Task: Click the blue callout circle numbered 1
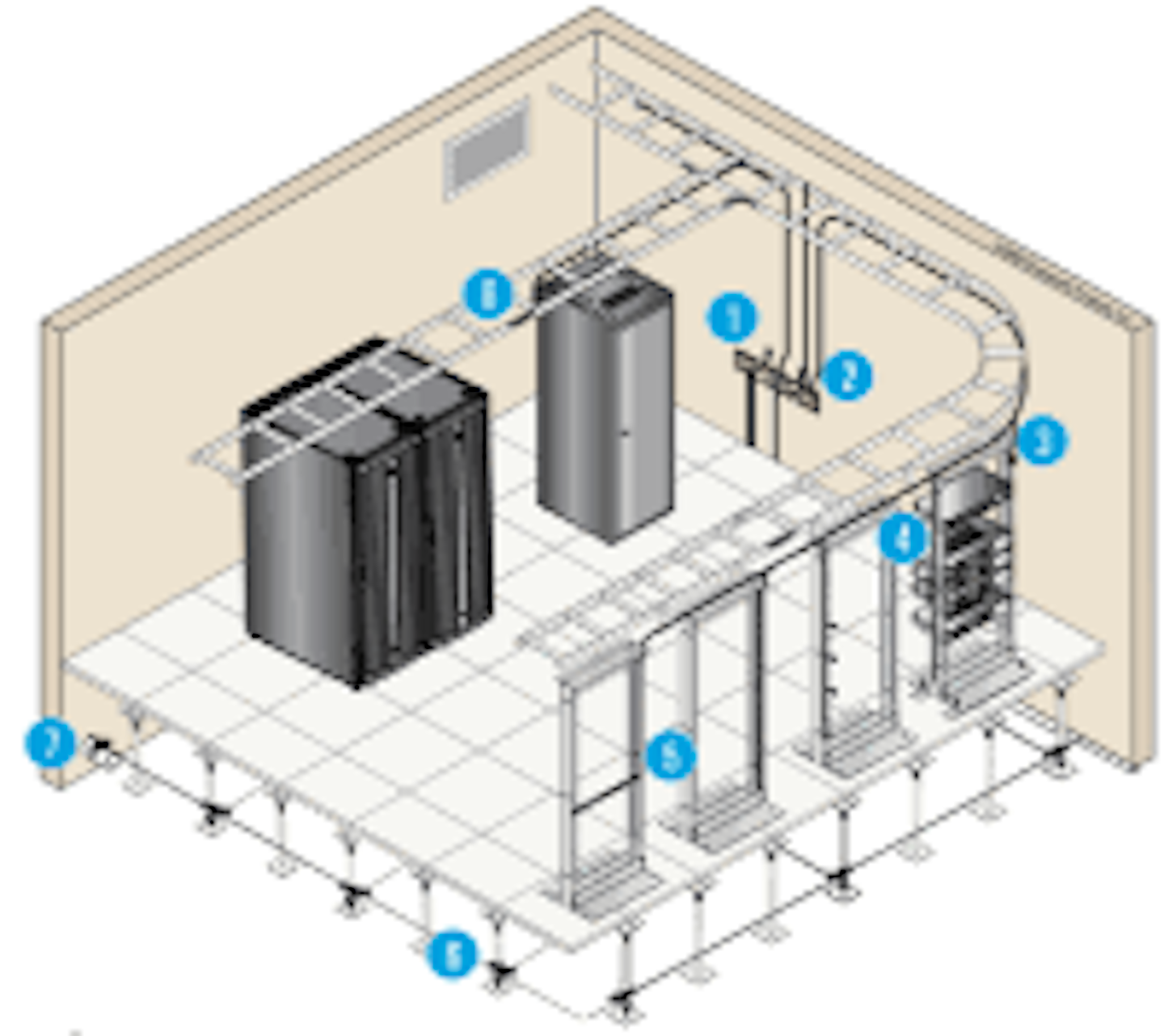(732, 318)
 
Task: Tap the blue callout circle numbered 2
(846, 376)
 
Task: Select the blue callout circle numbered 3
(1041, 440)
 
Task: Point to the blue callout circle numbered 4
(903, 538)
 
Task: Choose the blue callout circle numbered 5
(670, 756)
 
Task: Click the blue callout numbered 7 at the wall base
(50, 743)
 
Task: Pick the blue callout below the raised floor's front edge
(453, 955)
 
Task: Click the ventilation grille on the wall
(487, 150)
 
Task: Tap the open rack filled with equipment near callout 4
(966, 566)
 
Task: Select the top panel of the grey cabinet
(606, 291)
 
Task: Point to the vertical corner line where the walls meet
(595, 145)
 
